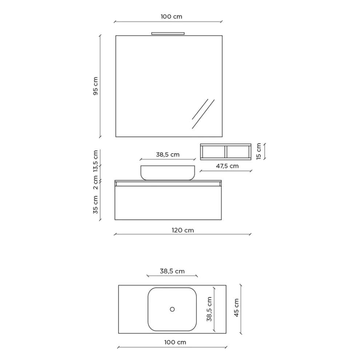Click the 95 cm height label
tap(96, 86)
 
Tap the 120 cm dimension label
tap(183, 230)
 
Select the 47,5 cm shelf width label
tap(227, 166)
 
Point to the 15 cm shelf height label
tap(259, 151)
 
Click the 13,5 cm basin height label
tap(96, 161)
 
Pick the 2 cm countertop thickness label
tap(96, 183)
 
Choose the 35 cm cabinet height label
tap(96, 205)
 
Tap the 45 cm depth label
tap(236, 308)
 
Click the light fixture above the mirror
tap(168, 33)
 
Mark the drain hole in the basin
tap(172, 309)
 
